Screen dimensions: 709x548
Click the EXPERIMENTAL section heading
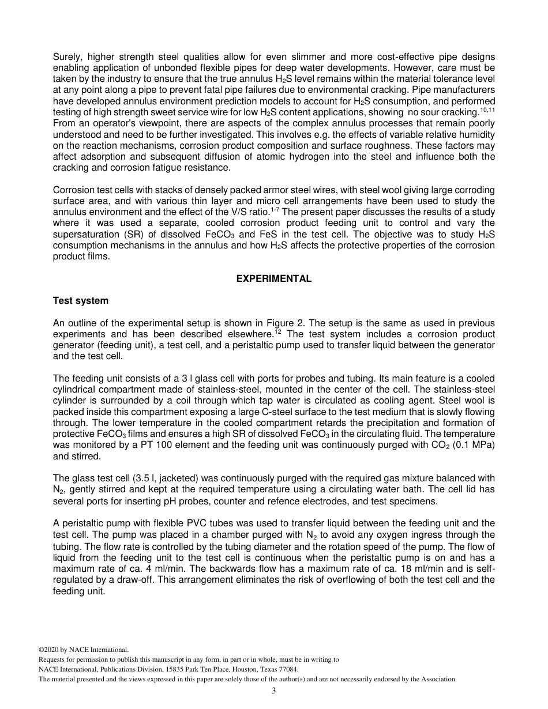pos(273,278)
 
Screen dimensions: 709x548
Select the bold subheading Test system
pos(80,300)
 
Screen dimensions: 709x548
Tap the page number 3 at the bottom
pos(274,691)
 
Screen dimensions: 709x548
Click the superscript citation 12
pos(277,332)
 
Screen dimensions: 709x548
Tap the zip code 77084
pos(287,669)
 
